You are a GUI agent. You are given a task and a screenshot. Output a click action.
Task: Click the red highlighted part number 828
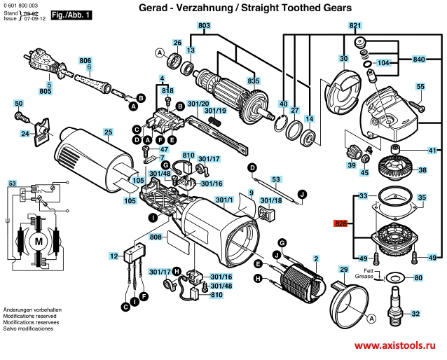coord(341,225)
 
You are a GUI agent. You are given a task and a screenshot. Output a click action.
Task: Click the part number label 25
coord(108,132)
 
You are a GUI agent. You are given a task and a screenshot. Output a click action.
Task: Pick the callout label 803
coord(204,26)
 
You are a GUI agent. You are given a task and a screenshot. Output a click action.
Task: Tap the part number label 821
coord(355,26)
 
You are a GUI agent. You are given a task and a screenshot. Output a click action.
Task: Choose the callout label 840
coord(419,58)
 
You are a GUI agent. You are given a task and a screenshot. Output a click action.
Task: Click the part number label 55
coord(420,87)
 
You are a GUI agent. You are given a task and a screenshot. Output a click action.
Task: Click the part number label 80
coord(419,278)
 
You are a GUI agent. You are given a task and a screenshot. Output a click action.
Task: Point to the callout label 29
coord(344,270)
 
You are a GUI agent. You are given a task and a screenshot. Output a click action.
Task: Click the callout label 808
coord(156,237)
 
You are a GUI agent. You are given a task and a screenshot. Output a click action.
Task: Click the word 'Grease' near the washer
coord(364,277)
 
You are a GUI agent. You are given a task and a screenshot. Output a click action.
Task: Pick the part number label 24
coord(25,133)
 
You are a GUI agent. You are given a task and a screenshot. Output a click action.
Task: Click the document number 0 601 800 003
coord(23,5)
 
